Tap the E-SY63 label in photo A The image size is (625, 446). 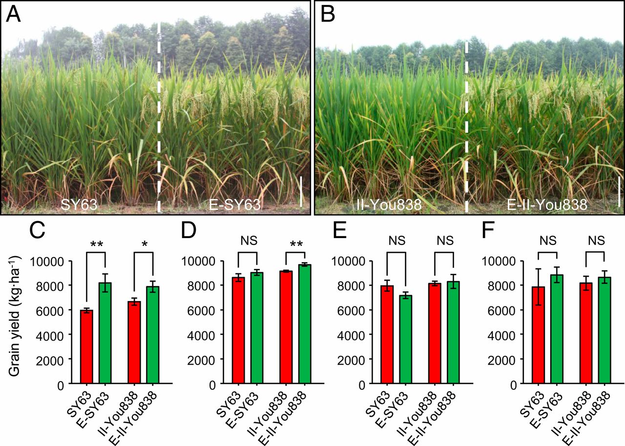click(x=235, y=205)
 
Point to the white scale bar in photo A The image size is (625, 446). click(x=301, y=191)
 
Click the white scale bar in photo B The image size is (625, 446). click(x=619, y=191)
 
